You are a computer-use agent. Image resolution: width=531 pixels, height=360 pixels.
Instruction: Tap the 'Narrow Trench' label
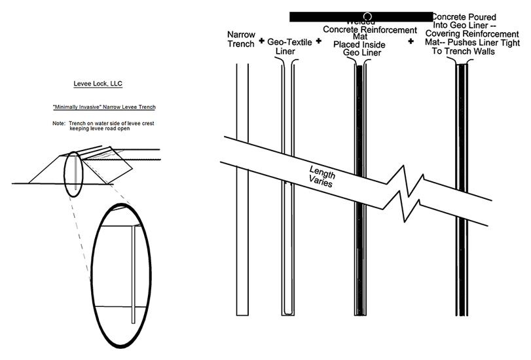[239, 39]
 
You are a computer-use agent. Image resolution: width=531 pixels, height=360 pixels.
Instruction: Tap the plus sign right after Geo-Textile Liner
[319, 41]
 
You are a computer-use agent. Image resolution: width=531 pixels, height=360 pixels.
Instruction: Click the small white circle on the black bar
[368, 15]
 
